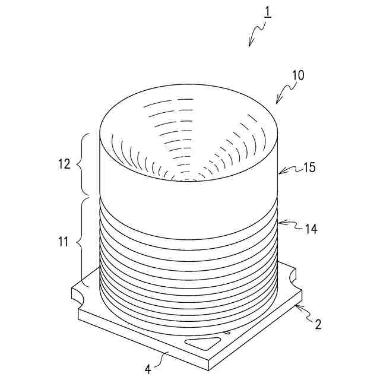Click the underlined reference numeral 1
267,13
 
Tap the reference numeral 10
298,75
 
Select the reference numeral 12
64,164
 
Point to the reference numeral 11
64,242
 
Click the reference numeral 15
309,167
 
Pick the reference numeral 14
311,229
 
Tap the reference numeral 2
318,324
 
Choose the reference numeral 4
148,370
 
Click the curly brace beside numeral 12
81,164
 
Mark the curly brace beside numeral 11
81,242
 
